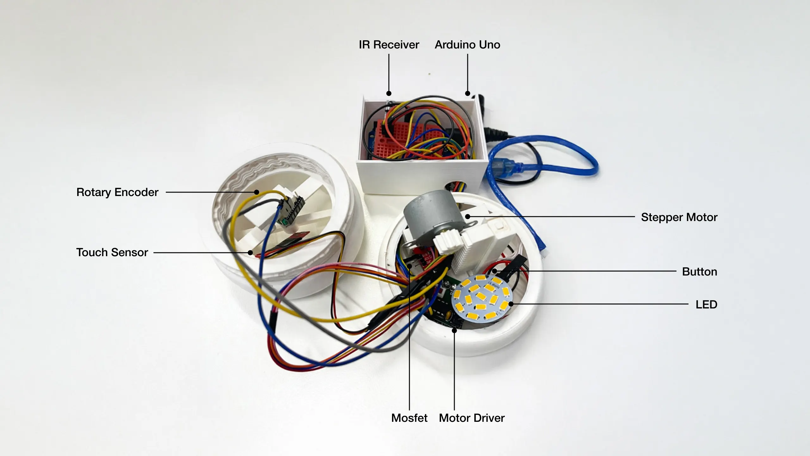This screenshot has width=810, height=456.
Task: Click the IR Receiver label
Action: (x=389, y=45)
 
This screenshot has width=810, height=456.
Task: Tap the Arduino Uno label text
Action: (x=467, y=45)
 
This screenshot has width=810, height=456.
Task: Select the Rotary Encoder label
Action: (x=117, y=192)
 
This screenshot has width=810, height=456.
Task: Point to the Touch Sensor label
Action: (x=112, y=252)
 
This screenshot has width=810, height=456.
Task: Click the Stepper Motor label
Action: (x=679, y=217)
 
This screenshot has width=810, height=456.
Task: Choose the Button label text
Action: (x=699, y=272)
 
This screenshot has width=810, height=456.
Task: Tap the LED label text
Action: (x=706, y=304)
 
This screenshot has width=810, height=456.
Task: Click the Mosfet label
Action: (x=409, y=418)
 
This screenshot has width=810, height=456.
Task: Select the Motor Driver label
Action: (x=471, y=418)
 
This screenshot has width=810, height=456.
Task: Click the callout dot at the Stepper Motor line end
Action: (x=468, y=217)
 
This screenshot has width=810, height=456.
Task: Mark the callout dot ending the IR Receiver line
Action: (x=389, y=93)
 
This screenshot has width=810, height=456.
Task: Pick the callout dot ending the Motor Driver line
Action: (x=454, y=331)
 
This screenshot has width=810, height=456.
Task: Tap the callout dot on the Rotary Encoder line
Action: (x=257, y=192)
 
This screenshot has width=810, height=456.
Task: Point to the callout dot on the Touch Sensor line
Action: (x=250, y=253)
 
